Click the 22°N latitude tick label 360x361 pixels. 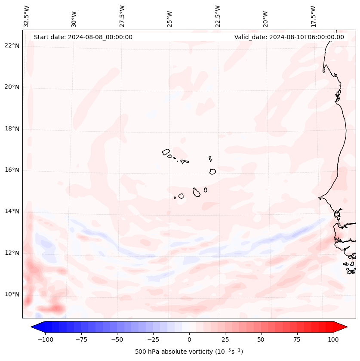pyautogui.click(x=12, y=46)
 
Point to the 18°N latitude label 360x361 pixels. pyautogui.click(x=12, y=129)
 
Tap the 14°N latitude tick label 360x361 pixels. pyautogui.click(x=12, y=211)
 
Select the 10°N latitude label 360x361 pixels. pyautogui.click(x=12, y=294)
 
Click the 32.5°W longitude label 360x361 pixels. pyautogui.click(x=27, y=16)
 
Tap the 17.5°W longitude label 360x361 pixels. pyautogui.click(x=314, y=16)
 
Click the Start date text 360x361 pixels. pyautogui.click(x=83, y=37)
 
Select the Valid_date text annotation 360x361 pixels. pyautogui.click(x=289, y=37)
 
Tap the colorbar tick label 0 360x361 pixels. pyautogui.click(x=189, y=339)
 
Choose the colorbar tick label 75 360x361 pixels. pyautogui.click(x=297, y=339)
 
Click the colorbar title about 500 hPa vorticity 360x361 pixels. pyautogui.click(x=189, y=352)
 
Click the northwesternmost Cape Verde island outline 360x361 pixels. pyautogui.click(x=166, y=152)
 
